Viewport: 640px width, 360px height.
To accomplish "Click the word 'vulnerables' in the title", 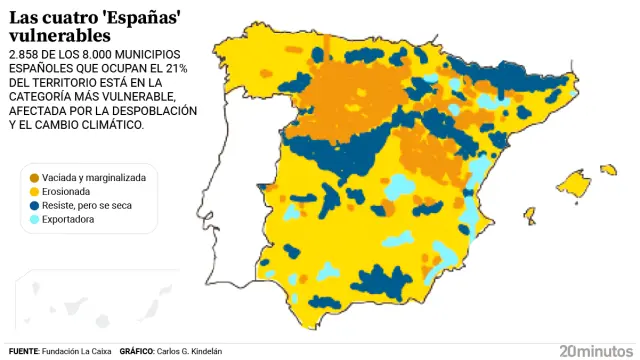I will click(51, 36).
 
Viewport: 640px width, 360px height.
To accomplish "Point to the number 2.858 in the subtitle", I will click(25, 54).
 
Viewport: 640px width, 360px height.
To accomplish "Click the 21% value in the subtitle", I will click(183, 68).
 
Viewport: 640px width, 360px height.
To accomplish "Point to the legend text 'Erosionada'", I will click(68, 191).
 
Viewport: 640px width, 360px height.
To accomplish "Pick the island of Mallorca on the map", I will click(575, 184).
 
